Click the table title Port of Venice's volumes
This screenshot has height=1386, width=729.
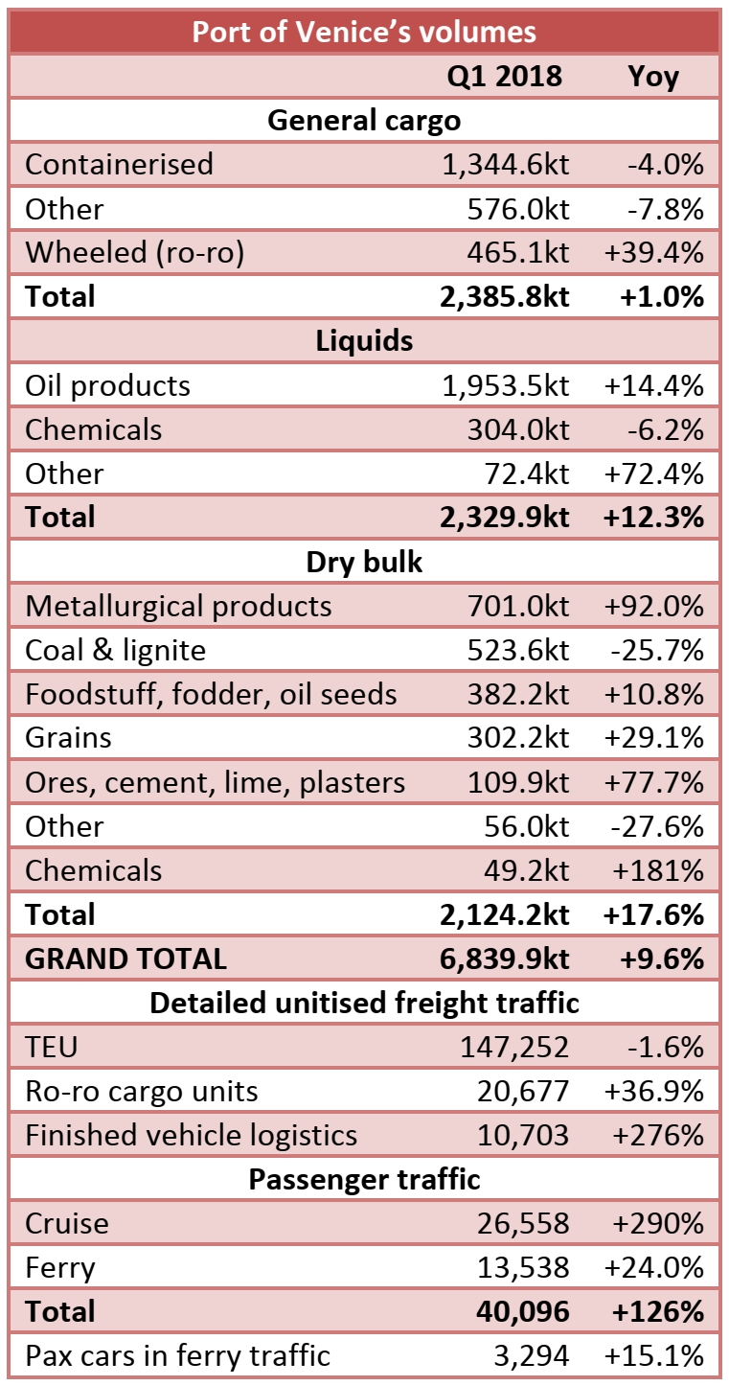364,32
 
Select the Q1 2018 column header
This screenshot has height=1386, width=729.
504,76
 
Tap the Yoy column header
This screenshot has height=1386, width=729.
653,76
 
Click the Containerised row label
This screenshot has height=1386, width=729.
119,164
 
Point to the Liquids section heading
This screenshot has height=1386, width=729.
364,341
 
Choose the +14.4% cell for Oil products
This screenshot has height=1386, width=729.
655,385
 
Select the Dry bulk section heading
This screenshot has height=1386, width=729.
364,562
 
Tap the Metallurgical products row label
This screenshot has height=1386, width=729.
178,606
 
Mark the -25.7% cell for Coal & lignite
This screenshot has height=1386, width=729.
658,650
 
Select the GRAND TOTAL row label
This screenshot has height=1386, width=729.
125,959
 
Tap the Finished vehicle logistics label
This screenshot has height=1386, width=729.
191,1135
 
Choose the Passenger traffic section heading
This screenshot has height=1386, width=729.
364,1179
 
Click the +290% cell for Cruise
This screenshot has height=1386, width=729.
655,1223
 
